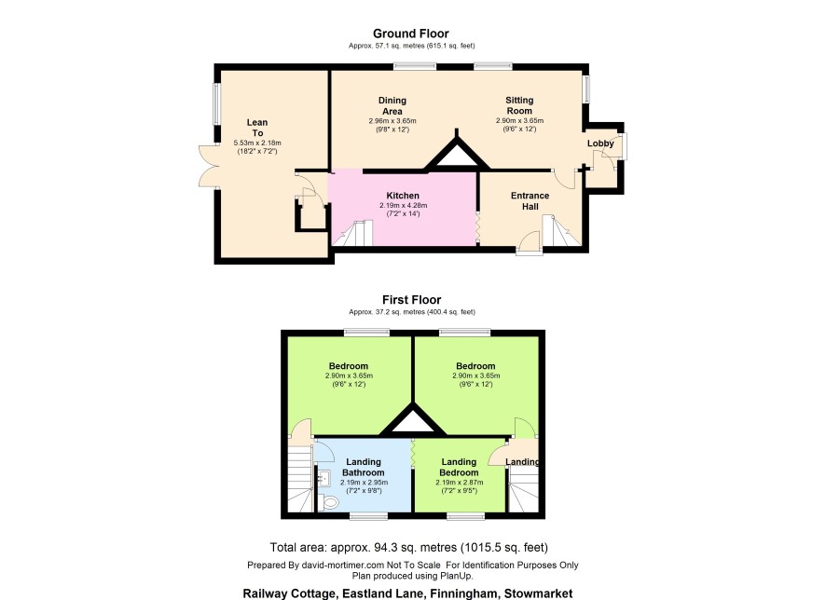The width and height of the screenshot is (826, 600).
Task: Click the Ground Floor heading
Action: (x=411, y=34)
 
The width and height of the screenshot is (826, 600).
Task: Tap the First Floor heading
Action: (x=411, y=300)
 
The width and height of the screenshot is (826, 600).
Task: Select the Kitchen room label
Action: (x=403, y=196)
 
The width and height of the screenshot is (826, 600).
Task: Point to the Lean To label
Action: (x=257, y=128)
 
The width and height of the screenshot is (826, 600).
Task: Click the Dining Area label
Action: (x=392, y=106)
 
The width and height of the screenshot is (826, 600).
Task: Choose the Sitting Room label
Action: (x=519, y=105)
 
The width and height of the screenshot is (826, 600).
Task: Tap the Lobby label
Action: (x=600, y=143)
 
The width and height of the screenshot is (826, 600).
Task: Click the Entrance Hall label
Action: (x=530, y=201)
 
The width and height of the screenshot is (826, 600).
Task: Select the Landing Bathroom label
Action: (x=364, y=468)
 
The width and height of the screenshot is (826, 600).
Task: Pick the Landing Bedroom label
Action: (x=459, y=468)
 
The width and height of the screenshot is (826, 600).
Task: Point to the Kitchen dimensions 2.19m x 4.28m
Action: (x=403, y=206)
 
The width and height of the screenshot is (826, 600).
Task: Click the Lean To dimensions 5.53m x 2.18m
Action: (x=257, y=143)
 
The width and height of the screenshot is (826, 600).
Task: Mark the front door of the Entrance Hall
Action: (x=529, y=244)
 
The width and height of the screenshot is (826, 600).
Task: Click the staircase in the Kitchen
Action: (x=352, y=234)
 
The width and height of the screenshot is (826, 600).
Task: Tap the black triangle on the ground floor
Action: (x=457, y=154)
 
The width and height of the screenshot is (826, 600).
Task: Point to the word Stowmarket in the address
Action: (x=538, y=593)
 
